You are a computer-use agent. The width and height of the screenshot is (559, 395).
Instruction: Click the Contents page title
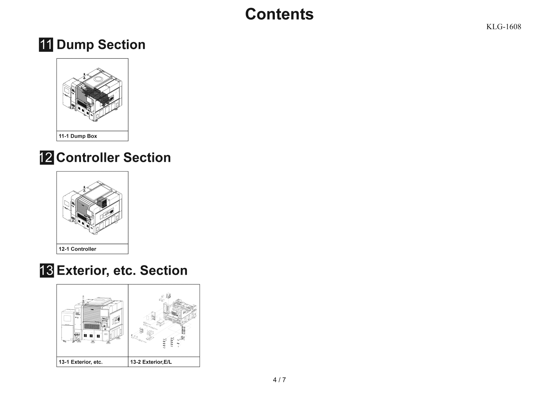(x=279, y=14)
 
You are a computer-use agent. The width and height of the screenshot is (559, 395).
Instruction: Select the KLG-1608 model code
(x=504, y=27)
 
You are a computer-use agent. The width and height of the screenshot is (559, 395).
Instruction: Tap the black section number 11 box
(x=46, y=45)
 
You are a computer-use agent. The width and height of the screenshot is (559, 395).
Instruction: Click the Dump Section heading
(x=101, y=45)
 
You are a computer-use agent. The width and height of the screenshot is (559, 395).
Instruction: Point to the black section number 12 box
(x=46, y=158)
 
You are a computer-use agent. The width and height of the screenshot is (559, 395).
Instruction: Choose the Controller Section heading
(x=114, y=158)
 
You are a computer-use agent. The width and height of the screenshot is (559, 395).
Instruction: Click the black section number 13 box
(x=46, y=270)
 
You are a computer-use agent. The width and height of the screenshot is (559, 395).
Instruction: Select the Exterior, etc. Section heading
(x=122, y=271)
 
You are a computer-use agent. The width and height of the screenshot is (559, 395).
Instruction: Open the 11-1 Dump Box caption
(x=78, y=136)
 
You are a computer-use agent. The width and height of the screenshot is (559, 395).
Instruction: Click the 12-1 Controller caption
(x=77, y=249)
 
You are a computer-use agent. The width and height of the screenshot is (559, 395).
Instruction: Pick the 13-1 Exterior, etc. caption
(x=81, y=362)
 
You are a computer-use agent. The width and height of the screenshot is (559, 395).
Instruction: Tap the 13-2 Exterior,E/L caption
(x=151, y=362)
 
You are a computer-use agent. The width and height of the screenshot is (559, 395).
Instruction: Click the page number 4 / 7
(x=279, y=380)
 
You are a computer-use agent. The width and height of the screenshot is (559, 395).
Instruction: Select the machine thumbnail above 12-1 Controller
(x=92, y=208)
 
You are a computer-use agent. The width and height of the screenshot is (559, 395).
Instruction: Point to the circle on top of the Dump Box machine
(x=99, y=79)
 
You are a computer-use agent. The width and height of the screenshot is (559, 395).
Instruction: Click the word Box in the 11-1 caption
(x=92, y=136)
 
